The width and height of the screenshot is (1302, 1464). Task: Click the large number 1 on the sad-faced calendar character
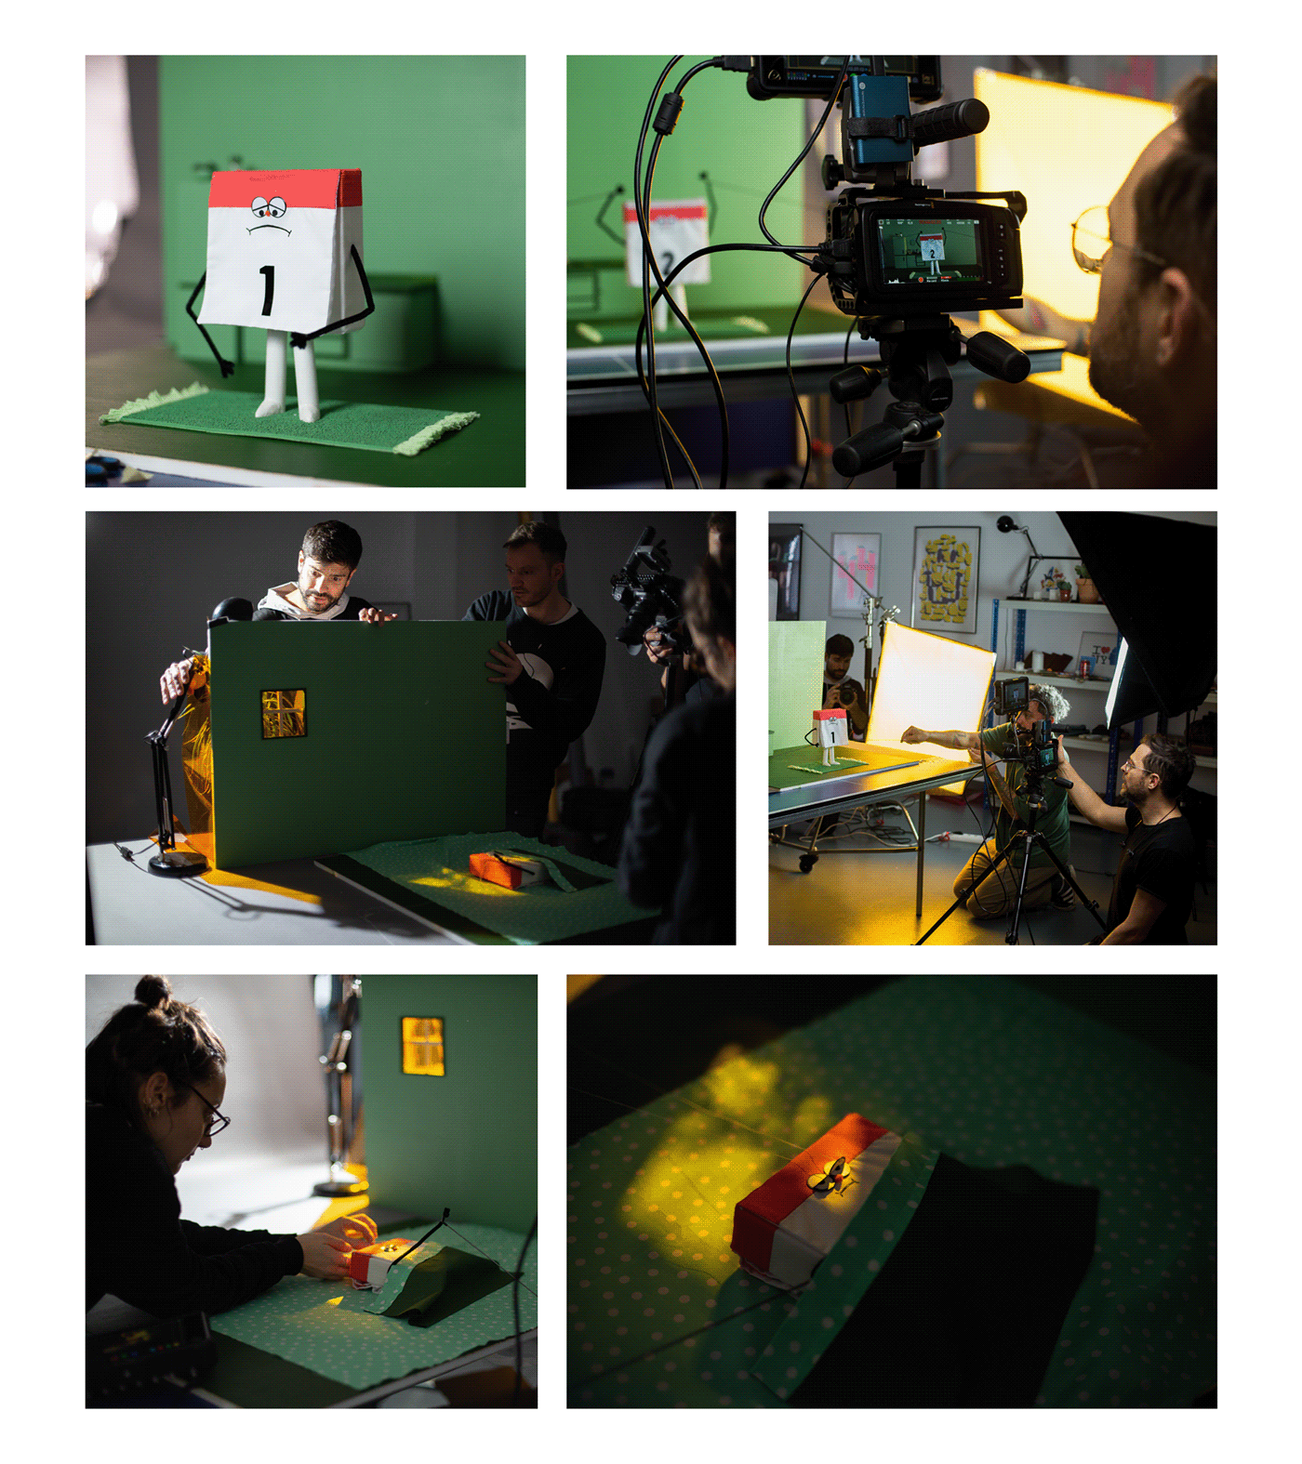point(267,290)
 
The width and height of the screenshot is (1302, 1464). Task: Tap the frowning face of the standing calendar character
point(270,216)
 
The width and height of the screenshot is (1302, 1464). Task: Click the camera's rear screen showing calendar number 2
point(930,248)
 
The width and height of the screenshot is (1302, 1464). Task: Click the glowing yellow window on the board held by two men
point(284,713)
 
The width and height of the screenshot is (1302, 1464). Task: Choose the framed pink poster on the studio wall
point(855,573)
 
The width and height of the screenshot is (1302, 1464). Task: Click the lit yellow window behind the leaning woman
point(422,1046)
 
